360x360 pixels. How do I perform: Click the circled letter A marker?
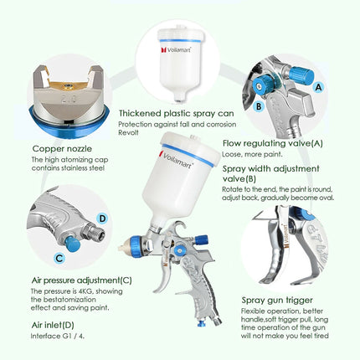320,85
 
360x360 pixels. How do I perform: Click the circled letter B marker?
237,107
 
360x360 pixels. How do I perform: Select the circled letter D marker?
101,219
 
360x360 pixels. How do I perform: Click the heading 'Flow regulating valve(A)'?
270,142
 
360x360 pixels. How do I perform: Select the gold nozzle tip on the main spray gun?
126,248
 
